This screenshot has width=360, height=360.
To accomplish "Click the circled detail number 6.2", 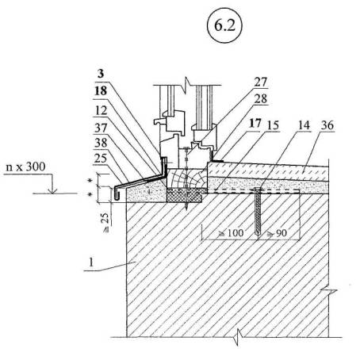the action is point(224,25).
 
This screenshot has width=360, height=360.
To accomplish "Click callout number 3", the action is point(101,74).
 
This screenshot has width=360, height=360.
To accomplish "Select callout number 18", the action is point(101,91).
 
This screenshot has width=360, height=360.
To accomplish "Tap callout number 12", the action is point(101,110).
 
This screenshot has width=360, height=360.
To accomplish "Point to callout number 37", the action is point(101,128).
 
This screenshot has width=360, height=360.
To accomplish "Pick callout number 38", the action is point(101,143).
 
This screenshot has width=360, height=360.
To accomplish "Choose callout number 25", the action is point(101,159).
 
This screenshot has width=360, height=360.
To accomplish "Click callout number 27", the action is point(261,82).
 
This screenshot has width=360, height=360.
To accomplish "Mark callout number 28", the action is point(261,99).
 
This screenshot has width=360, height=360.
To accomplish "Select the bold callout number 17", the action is point(255,124).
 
